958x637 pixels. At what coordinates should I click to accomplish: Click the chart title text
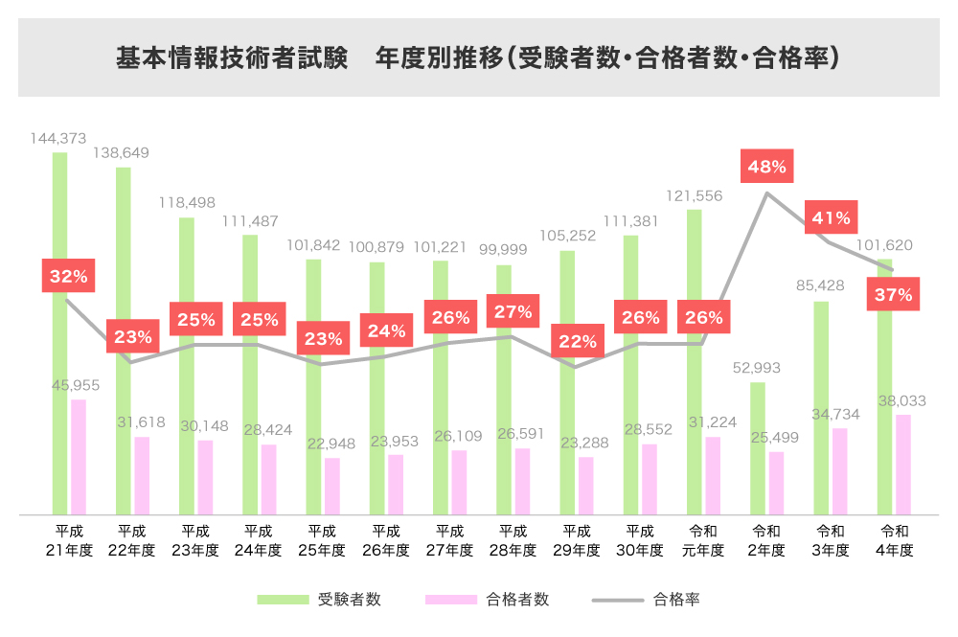pyautogui.click(x=478, y=58)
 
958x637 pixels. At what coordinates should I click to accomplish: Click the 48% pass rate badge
pyautogui.click(x=766, y=167)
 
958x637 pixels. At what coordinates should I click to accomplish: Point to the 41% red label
pyautogui.click(x=831, y=217)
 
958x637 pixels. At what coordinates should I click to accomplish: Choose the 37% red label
pyautogui.click(x=893, y=295)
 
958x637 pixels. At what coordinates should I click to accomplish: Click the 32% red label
pyautogui.click(x=68, y=277)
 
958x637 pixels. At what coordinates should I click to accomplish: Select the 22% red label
pyautogui.click(x=577, y=341)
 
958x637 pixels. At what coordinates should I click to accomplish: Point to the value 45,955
pyautogui.click(x=76, y=385)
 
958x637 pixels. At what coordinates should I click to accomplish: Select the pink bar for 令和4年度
pyautogui.click(x=902, y=465)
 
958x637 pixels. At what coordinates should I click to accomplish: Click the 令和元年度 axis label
pyautogui.click(x=703, y=541)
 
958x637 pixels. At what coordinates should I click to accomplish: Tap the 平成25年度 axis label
pyautogui.click(x=322, y=541)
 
